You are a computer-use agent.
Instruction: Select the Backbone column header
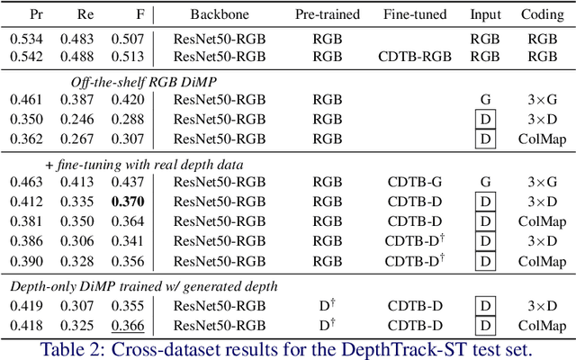point(220,15)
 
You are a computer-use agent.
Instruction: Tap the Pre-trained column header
point(328,15)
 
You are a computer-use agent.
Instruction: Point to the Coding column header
point(543,15)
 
